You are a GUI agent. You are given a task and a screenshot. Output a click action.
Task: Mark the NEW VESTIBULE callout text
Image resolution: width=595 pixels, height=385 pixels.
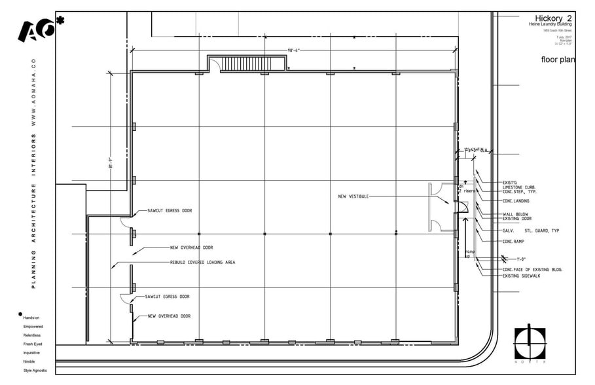354,196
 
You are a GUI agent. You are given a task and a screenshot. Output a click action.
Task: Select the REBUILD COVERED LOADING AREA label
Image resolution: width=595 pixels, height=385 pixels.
202,262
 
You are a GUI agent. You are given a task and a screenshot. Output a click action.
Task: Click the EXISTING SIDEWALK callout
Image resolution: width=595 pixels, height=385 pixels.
521,276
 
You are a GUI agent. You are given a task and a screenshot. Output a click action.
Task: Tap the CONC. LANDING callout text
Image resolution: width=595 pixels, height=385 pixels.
516,201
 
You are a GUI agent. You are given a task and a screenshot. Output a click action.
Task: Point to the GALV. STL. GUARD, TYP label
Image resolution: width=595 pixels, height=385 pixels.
530,230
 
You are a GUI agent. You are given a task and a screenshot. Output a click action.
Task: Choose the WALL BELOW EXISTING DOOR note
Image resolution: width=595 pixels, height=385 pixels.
516,215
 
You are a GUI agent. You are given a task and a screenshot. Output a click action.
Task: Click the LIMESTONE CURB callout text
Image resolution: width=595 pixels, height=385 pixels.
519,187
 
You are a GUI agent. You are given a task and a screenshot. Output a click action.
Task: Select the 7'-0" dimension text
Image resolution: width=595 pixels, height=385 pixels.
520,259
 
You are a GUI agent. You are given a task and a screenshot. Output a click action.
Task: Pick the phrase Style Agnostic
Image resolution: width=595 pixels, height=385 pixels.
35,371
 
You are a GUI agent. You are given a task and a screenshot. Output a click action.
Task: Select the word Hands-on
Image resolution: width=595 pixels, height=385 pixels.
31,317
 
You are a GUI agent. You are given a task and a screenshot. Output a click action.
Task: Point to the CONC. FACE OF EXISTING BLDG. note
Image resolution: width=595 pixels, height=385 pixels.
532,270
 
